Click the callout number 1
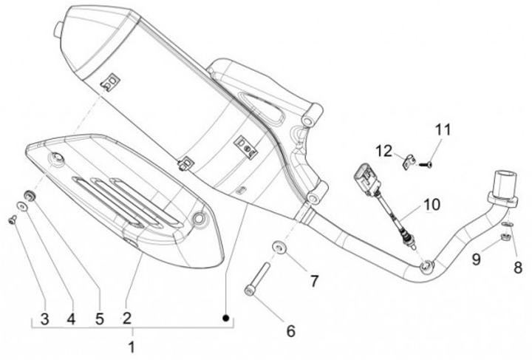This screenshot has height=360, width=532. coord(132,346)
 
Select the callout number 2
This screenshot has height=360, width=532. coord(126,319)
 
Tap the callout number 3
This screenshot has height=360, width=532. coord(44,319)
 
